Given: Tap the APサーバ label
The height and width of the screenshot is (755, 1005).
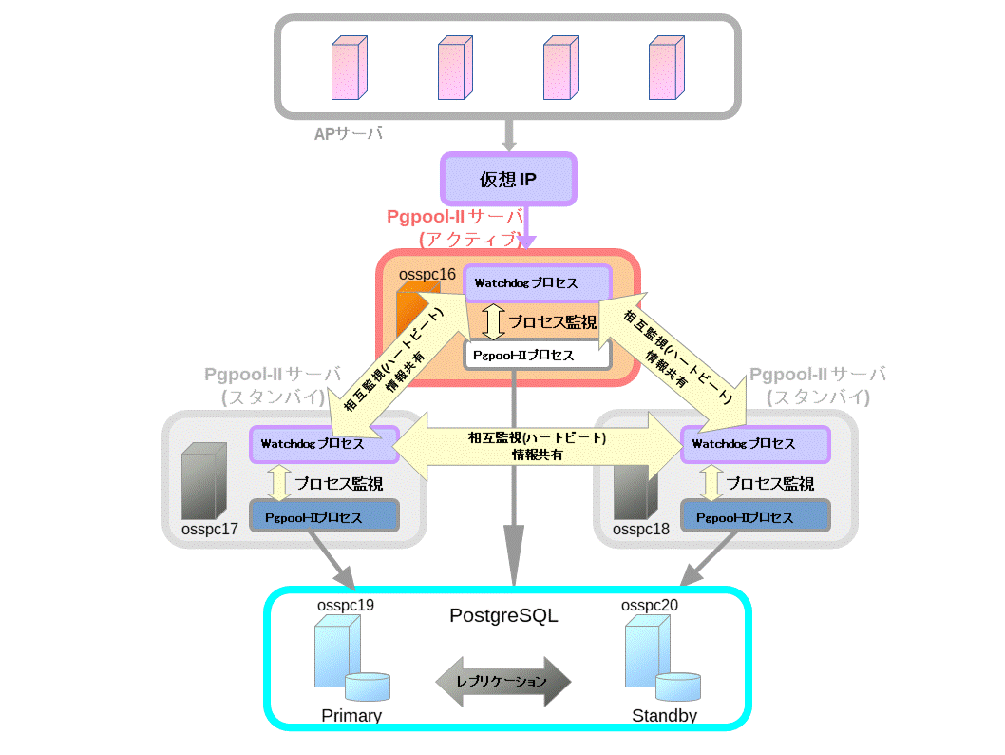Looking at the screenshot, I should [349, 134].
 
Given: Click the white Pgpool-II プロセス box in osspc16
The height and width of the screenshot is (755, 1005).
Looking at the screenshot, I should [537, 355].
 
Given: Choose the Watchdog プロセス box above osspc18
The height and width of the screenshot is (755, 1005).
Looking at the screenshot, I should [755, 443].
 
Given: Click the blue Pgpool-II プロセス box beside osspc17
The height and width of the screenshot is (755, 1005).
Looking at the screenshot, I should [324, 517].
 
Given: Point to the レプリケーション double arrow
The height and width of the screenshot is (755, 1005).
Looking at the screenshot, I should [502, 682].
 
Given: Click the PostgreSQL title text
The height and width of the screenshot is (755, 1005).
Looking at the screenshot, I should [503, 616].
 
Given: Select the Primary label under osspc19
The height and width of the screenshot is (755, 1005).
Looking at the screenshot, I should [351, 716].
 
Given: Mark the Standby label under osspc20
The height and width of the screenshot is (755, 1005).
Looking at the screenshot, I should [665, 716].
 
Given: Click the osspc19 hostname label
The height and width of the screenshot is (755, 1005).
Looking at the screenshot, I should [346, 605].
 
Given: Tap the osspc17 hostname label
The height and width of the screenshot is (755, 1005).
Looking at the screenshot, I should [210, 529].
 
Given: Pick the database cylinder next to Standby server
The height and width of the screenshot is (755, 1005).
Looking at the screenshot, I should [678, 687].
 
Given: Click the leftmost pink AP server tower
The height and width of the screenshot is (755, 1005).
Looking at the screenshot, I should [347, 68].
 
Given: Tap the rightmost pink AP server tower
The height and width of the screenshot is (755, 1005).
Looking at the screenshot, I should [664, 68].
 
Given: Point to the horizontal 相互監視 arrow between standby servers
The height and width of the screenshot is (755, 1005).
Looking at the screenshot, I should [537, 446].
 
